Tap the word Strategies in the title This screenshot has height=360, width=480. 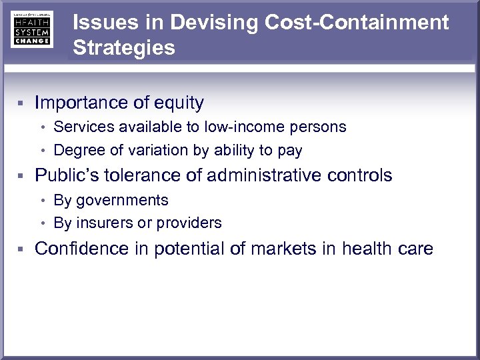click(x=124, y=48)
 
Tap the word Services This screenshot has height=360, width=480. click(x=80, y=127)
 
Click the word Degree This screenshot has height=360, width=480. click(x=76, y=151)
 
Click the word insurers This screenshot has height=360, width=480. click(x=101, y=223)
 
